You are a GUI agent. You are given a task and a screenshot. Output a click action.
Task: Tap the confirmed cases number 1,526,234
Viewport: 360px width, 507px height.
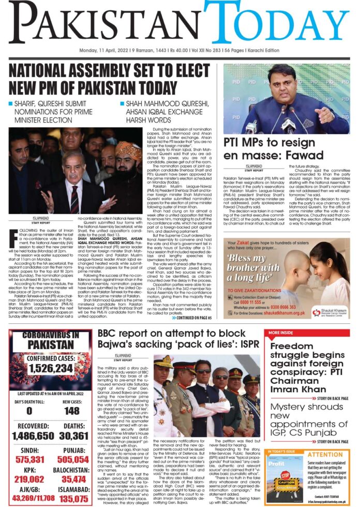pyautogui.click(x=50, y=368)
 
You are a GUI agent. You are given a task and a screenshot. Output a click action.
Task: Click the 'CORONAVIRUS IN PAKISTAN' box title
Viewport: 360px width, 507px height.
pyautogui.click(x=50, y=340)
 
